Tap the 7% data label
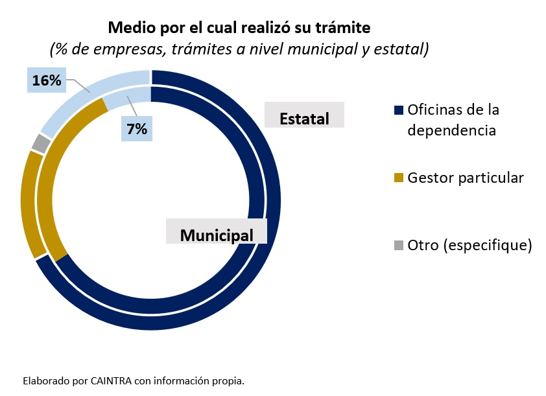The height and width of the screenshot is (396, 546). coord(137,129)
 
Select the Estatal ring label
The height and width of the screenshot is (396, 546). coord(304,119)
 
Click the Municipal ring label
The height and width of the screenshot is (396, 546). coord(217,235)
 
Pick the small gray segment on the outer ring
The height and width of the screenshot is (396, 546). coord(40,143)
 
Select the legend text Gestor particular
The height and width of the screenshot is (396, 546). coord(465,178)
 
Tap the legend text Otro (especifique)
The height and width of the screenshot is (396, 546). coord(469,245)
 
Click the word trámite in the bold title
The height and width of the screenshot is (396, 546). coord(343,28)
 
